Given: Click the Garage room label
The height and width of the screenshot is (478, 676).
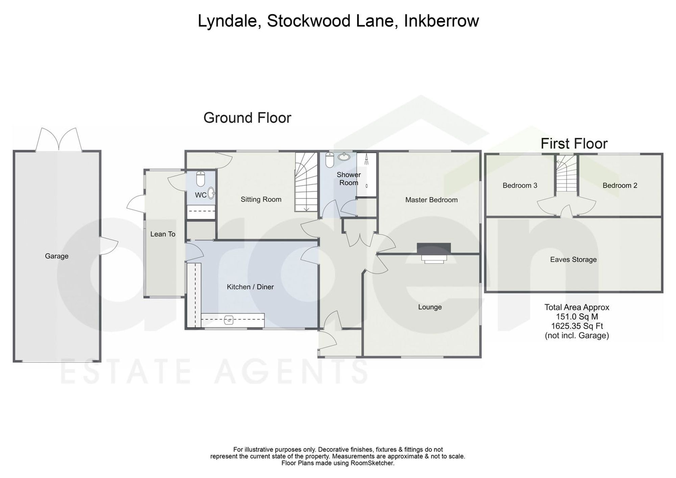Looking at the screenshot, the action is click(57, 256).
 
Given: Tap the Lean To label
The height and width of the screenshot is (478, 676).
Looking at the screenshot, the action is click(163, 234).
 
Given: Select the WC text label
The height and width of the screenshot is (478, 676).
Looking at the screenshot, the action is click(201, 195).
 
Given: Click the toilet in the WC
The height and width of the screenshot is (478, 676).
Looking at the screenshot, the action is click(201, 179).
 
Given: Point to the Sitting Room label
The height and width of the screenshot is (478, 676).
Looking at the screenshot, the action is click(261, 199).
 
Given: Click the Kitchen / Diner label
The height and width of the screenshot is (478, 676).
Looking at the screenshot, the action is click(250, 287).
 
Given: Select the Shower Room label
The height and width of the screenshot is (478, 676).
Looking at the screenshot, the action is click(349, 179).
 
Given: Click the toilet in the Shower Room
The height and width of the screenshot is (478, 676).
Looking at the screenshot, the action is click(330, 160).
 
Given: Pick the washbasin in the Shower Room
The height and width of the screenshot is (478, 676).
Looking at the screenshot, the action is click(344, 157).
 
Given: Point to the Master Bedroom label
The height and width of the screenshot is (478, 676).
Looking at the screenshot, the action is click(431, 200).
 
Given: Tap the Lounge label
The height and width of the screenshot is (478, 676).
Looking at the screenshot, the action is click(430, 307).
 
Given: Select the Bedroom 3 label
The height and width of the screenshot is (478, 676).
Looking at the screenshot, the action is click(520, 186).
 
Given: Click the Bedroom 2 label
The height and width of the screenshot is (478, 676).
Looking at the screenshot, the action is click(620, 186).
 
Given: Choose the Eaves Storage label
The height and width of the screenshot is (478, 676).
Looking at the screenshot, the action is click(573, 260).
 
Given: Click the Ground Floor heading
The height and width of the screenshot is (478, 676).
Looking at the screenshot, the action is click(247, 118).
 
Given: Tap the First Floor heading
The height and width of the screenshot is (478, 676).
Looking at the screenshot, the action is click(574, 144).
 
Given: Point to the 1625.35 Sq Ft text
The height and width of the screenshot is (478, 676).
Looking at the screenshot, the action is click(577, 326).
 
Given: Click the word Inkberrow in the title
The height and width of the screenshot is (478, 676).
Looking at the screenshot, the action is click(441, 21).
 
